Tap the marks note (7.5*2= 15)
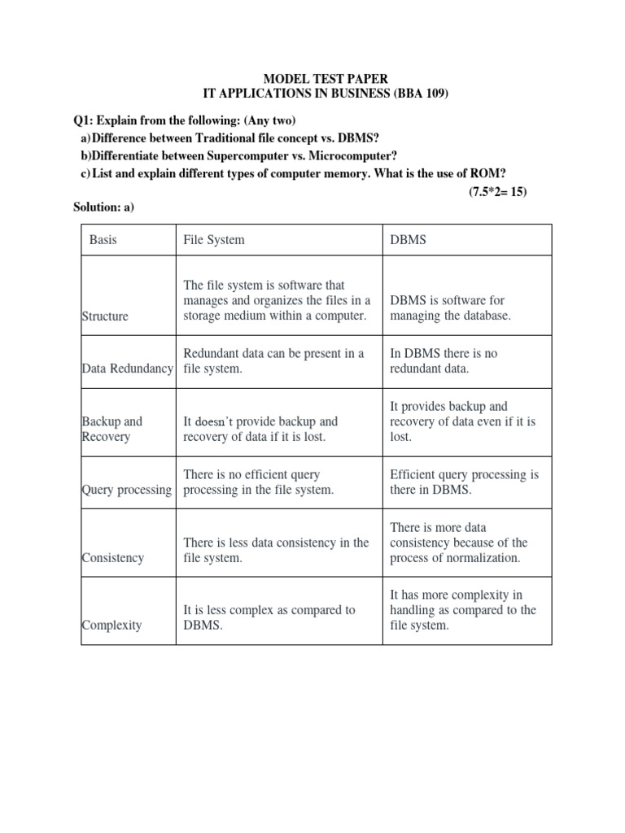click(497, 192)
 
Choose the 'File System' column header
click(214, 240)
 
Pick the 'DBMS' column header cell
click(408, 240)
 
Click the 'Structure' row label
click(105, 316)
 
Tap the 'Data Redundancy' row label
click(128, 369)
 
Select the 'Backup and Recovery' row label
click(111, 429)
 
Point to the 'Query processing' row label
click(128, 490)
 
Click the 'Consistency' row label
click(112, 558)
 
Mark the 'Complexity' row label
click(111, 625)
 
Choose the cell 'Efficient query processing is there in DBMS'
click(464, 482)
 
